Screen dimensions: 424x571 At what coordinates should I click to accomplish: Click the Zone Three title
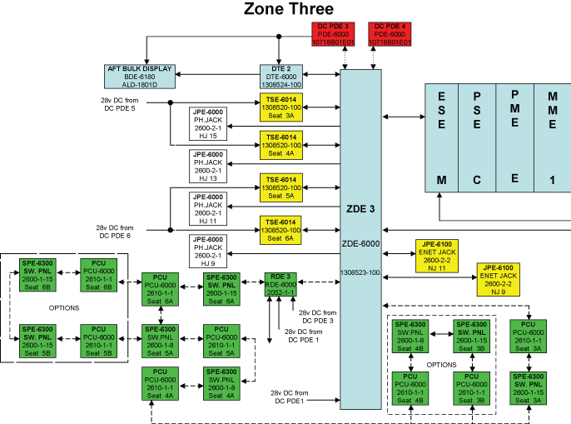[288, 9]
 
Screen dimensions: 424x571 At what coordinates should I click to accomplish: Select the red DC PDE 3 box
[325, 34]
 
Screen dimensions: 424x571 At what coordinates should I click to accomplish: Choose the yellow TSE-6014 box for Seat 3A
[281, 108]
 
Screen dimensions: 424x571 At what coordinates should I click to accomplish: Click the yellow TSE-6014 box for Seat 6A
[281, 230]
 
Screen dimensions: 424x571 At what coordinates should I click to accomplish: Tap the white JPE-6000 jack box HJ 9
[207, 251]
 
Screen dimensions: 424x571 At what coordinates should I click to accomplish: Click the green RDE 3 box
[281, 284]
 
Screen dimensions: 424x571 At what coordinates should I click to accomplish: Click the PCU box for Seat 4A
[159, 382]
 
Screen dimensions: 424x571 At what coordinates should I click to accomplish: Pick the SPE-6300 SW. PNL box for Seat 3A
[529, 389]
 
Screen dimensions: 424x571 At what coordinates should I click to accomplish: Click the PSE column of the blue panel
[477, 138]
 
